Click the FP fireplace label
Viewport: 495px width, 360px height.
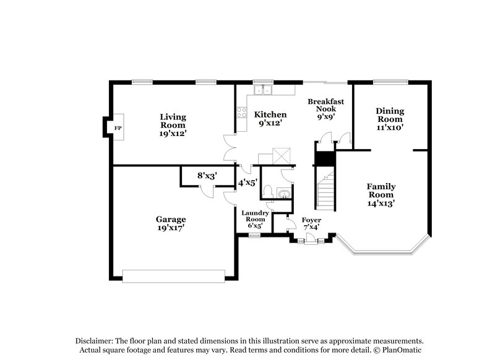click(117, 128)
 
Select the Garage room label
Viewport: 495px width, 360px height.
click(171, 219)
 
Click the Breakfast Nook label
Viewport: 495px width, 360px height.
click(326, 108)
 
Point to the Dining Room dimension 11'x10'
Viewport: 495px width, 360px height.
click(390, 127)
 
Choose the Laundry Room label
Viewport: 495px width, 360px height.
click(254, 216)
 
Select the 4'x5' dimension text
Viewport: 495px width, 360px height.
click(248, 182)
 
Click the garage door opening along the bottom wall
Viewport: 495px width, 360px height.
click(173, 275)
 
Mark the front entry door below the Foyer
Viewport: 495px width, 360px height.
click(310, 242)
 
